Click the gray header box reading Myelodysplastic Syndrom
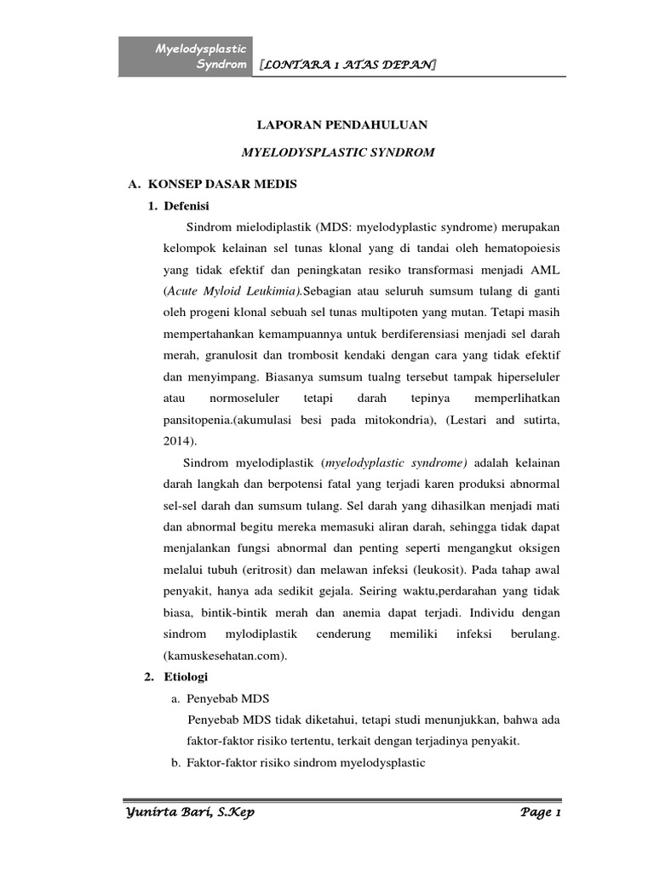pos(186,57)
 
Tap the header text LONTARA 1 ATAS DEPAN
pos(347,65)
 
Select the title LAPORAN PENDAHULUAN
pos(342,124)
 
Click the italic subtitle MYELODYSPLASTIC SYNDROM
pos(338,152)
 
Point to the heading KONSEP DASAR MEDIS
pos(222,184)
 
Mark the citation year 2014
pos(177,443)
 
